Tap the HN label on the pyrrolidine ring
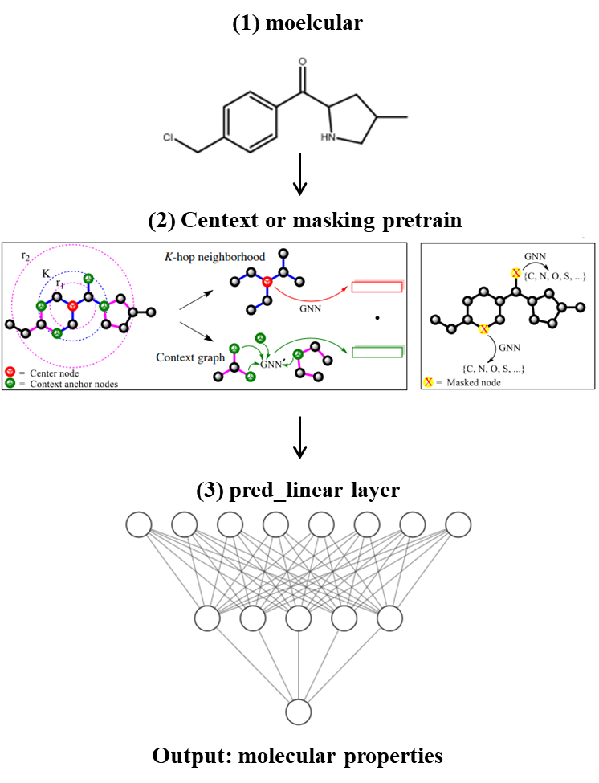click(x=328, y=137)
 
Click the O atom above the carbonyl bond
click(x=302, y=61)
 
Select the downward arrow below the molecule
click(x=300, y=175)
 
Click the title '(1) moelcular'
click(x=297, y=23)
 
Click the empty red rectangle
click(x=377, y=287)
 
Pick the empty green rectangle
click(x=377, y=350)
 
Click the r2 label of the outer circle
click(x=26, y=256)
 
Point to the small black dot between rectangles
click(x=377, y=318)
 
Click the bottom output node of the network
click(x=299, y=712)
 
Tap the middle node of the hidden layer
click(x=299, y=618)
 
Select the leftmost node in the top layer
click(x=138, y=525)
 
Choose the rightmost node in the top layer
click(x=458, y=525)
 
